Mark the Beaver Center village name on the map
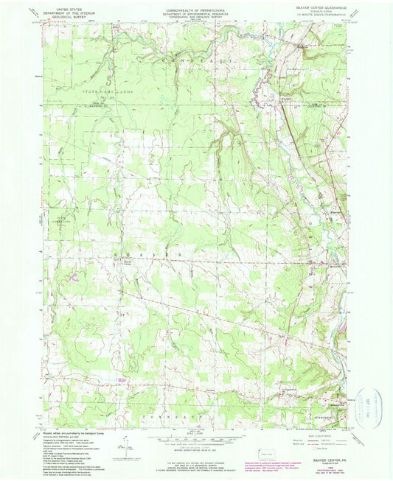(127, 262)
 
